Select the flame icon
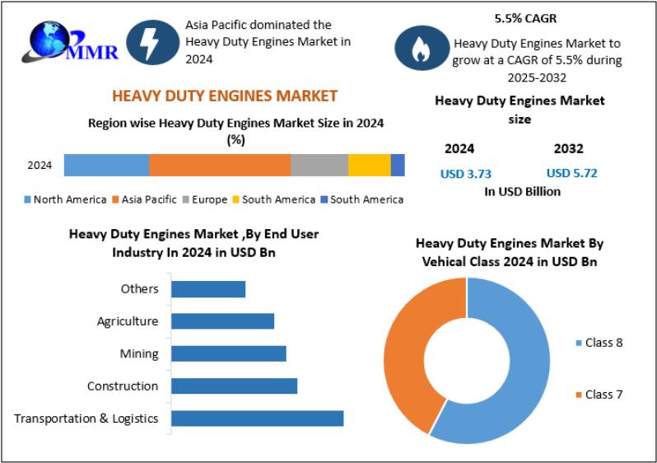point(421,49)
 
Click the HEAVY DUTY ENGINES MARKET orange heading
point(225,96)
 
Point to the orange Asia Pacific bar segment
point(220,165)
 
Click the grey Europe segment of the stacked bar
point(319,165)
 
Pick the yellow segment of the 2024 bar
point(369,165)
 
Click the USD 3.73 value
point(466,173)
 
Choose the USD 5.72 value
point(572,173)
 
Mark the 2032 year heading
point(568,149)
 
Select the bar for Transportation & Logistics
point(257,419)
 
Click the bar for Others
point(208,289)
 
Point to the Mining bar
point(229,353)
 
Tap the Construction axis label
point(123,386)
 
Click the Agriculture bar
point(222,321)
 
